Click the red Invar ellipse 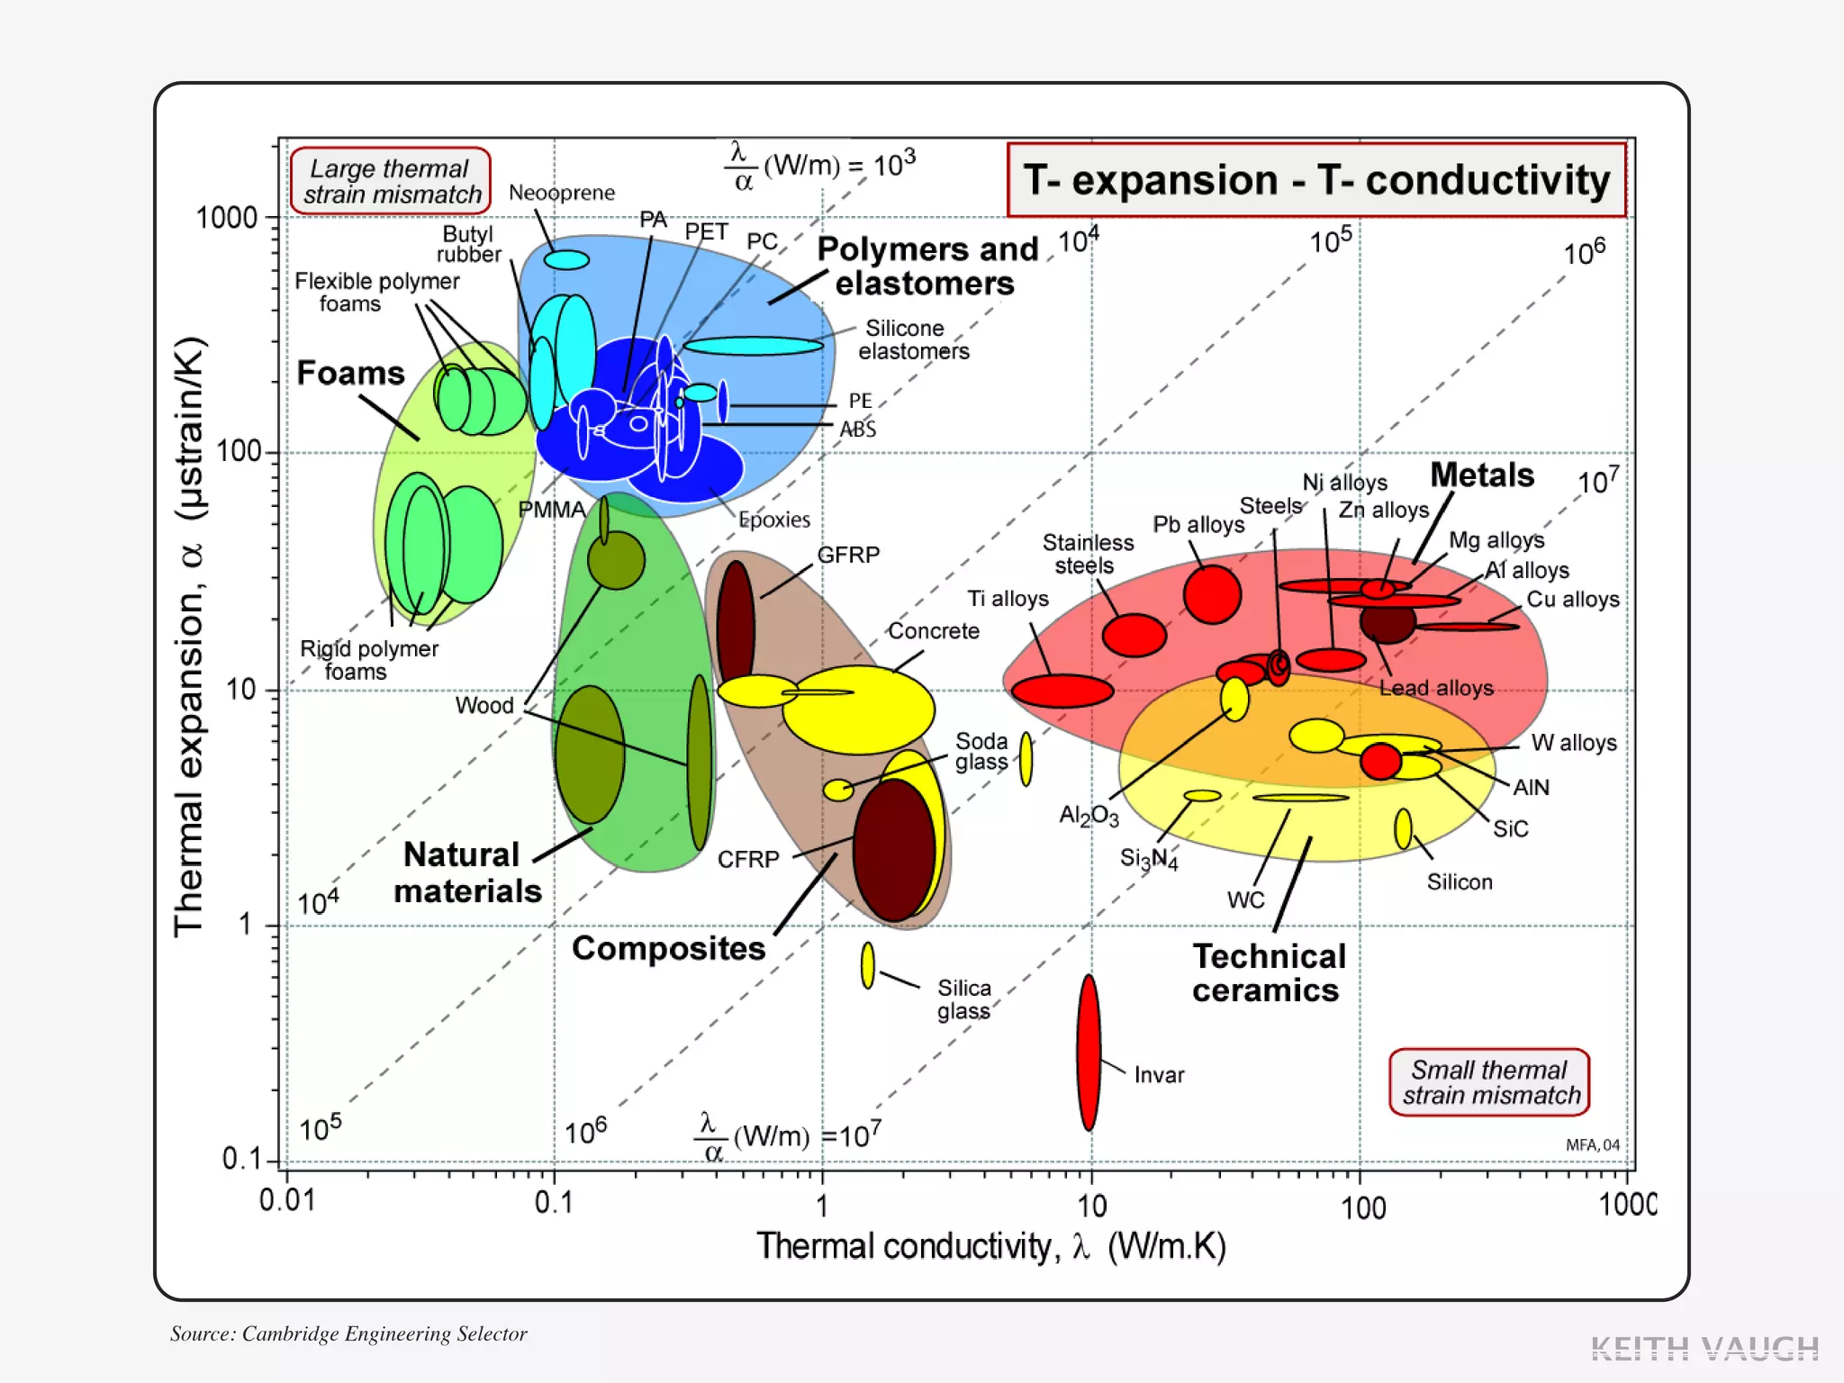(x=1089, y=1052)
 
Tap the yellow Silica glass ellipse (x=867, y=965)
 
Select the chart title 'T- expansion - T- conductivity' (x=1315, y=180)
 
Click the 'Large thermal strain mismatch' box (x=391, y=181)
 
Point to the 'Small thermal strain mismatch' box (x=1489, y=1082)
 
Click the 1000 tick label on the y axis (x=227, y=218)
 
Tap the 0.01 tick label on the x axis (x=287, y=1201)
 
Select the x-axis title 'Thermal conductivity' (x=990, y=1246)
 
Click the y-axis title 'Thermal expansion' (x=190, y=636)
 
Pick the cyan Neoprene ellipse (x=566, y=260)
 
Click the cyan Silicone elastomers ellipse (x=753, y=346)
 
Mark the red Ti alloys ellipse (x=1062, y=691)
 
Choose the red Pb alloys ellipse (x=1212, y=594)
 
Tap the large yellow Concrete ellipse (x=858, y=710)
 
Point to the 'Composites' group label (x=668, y=948)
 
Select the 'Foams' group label (x=350, y=373)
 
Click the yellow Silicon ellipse (x=1403, y=829)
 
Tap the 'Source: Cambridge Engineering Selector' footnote (x=348, y=1333)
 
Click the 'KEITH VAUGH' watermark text (x=1704, y=1348)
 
